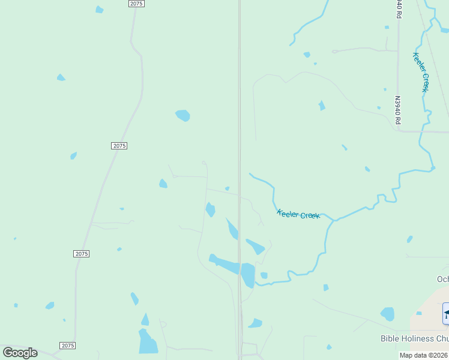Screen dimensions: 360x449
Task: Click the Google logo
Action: click(x=20, y=353)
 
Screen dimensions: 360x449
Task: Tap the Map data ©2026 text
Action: click(x=423, y=355)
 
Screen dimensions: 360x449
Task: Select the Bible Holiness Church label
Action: click(x=415, y=338)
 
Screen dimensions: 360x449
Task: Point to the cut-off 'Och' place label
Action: click(x=442, y=279)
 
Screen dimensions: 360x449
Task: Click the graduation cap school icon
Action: click(x=446, y=313)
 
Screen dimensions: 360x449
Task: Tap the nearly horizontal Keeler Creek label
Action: click(x=298, y=214)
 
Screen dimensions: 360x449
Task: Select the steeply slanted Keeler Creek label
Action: click(x=421, y=72)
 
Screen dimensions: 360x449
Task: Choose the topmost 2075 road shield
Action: click(x=136, y=4)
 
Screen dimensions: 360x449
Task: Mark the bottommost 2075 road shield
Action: click(x=68, y=346)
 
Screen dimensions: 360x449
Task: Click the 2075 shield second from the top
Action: click(x=119, y=146)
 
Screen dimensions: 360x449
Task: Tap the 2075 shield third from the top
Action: click(x=82, y=254)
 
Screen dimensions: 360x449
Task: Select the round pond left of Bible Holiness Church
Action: click(x=388, y=314)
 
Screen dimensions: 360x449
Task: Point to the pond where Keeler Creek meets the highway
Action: click(x=248, y=275)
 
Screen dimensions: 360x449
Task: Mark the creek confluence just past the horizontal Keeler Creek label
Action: click(x=334, y=220)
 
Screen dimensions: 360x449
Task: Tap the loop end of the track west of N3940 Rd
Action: click(x=334, y=52)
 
